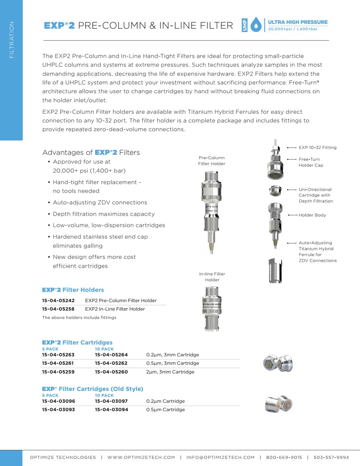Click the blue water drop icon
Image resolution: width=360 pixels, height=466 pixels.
(x=256, y=26)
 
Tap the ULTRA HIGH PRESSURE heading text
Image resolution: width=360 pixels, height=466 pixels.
(x=296, y=22)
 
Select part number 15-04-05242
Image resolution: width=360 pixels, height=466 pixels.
(x=58, y=301)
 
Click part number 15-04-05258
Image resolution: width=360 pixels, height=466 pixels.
(x=58, y=309)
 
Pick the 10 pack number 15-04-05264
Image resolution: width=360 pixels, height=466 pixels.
(x=111, y=355)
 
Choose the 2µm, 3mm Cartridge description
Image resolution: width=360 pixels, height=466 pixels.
(x=170, y=372)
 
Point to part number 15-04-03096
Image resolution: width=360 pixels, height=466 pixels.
(x=59, y=401)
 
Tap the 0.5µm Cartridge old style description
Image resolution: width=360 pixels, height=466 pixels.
(x=165, y=410)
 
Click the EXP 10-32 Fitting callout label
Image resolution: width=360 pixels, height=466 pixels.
(x=317, y=148)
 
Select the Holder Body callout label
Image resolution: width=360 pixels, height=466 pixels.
(x=312, y=215)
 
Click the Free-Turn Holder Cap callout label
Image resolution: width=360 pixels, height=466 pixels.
(x=311, y=162)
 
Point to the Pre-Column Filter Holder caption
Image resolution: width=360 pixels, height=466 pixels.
(x=212, y=161)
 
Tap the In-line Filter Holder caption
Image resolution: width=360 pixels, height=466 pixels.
(x=212, y=277)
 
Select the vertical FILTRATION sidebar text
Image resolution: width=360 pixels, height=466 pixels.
(x=12, y=40)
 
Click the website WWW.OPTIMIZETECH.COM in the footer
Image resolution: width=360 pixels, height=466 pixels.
(x=141, y=458)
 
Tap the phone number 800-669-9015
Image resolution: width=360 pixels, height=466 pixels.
(x=284, y=458)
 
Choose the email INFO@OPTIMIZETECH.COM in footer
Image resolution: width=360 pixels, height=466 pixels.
(x=220, y=458)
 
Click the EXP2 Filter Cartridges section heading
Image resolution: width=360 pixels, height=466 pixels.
(x=77, y=343)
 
